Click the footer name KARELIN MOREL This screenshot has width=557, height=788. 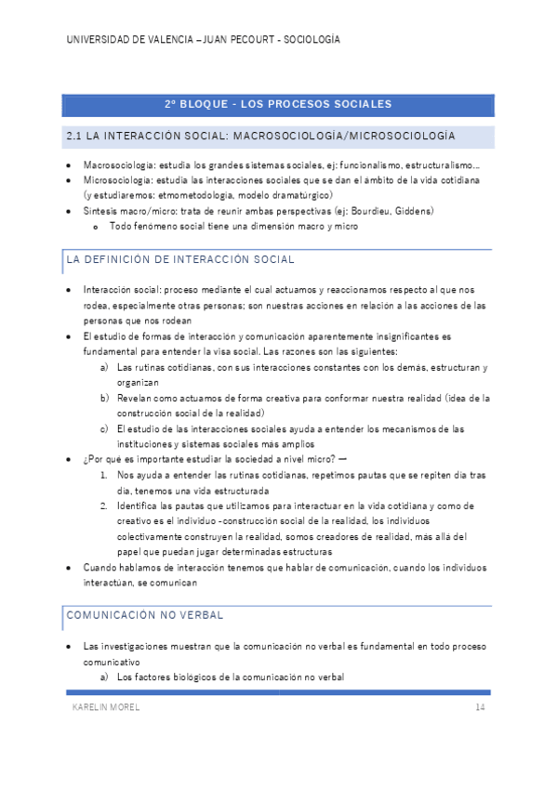(x=106, y=708)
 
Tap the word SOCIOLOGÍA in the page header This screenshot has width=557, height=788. (x=311, y=40)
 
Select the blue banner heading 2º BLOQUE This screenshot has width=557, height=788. (x=277, y=104)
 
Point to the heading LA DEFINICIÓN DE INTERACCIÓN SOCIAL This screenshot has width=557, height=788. (x=180, y=260)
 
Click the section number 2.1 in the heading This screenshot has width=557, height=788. (x=75, y=136)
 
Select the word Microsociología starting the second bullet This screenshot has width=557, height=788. (x=113, y=180)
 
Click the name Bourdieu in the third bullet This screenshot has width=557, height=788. (x=365, y=211)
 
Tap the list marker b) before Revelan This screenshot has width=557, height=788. (x=105, y=398)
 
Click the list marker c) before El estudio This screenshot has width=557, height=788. (x=105, y=428)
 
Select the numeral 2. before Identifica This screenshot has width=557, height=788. (x=105, y=506)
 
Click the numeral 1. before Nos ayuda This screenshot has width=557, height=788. (x=105, y=475)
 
